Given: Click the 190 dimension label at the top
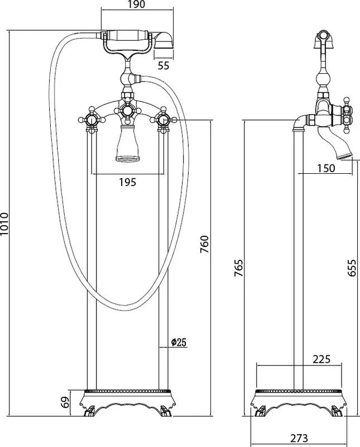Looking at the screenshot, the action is tap(137, 4).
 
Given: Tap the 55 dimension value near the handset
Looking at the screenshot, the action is tap(164, 65).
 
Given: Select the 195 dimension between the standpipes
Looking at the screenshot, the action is tap(128, 182).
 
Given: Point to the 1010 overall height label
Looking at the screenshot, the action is tap(5, 224).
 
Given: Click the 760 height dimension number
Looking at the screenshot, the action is tap(204, 244).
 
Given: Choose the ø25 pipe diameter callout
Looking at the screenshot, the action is tap(179, 342).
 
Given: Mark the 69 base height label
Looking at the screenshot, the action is tap(65, 402).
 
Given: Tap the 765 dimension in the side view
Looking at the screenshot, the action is tap(238, 268).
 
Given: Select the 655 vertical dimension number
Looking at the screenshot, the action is tap(352, 268).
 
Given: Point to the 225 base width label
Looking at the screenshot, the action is tap(322, 359).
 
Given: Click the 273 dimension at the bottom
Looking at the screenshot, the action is tap(299, 438).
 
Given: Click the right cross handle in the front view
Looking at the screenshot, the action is tap(164, 120).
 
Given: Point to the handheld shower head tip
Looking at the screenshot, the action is tap(164, 40).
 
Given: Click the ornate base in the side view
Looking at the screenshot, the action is tap(299, 402).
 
